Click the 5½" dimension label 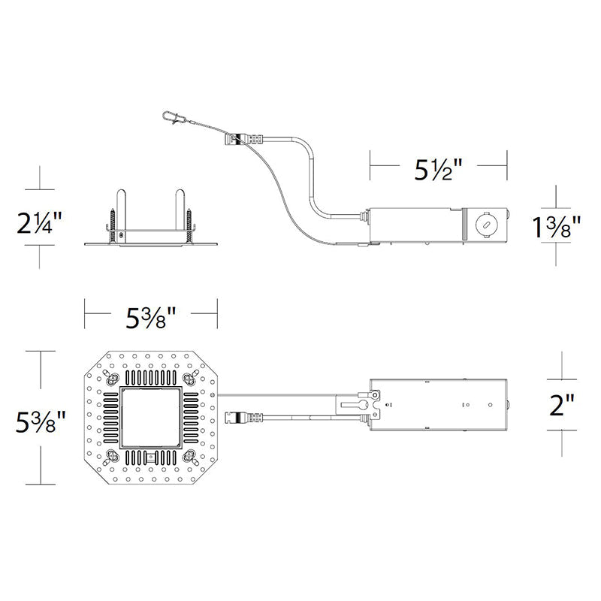click(x=439, y=170)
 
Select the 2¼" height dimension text click(x=39, y=223)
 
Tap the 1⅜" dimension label click(x=557, y=227)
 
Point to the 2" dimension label click(x=562, y=405)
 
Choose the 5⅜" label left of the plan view click(x=41, y=421)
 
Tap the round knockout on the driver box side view click(x=485, y=225)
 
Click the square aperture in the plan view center click(x=151, y=418)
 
